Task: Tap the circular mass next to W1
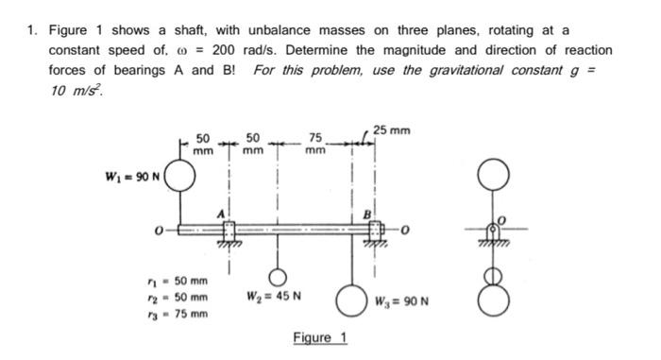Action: [179, 178]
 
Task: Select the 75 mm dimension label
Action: [316, 144]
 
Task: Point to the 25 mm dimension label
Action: [391, 129]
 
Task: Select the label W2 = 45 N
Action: [274, 302]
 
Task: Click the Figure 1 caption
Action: [319, 338]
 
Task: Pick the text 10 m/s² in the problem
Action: [75, 92]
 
